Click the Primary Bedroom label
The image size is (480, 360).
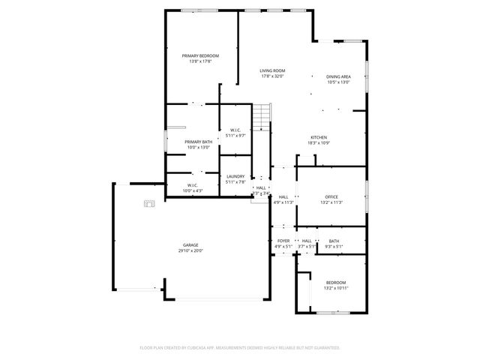click(x=200, y=56)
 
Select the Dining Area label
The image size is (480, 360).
click(x=339, y=76)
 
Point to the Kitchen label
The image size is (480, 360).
click(x=319, y=137)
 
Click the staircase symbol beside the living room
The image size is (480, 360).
click(x=260, y=117)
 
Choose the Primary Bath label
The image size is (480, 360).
click(x=199, y=142)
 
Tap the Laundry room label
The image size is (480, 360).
click(x=235, y=176)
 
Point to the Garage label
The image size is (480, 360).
click(x=190, y=245)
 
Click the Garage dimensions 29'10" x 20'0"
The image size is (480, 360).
click(x=190, y=251)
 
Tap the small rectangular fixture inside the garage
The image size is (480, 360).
click(x=148, y=202)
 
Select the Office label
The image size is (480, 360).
click(x=331, y=196)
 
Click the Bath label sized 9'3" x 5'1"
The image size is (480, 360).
click(x=334, y=241)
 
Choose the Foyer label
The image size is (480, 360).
click(x=283, y=241)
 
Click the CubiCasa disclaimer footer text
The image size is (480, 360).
click(x=240, y=347)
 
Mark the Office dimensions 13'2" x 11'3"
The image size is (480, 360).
click(x=331, y=202)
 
